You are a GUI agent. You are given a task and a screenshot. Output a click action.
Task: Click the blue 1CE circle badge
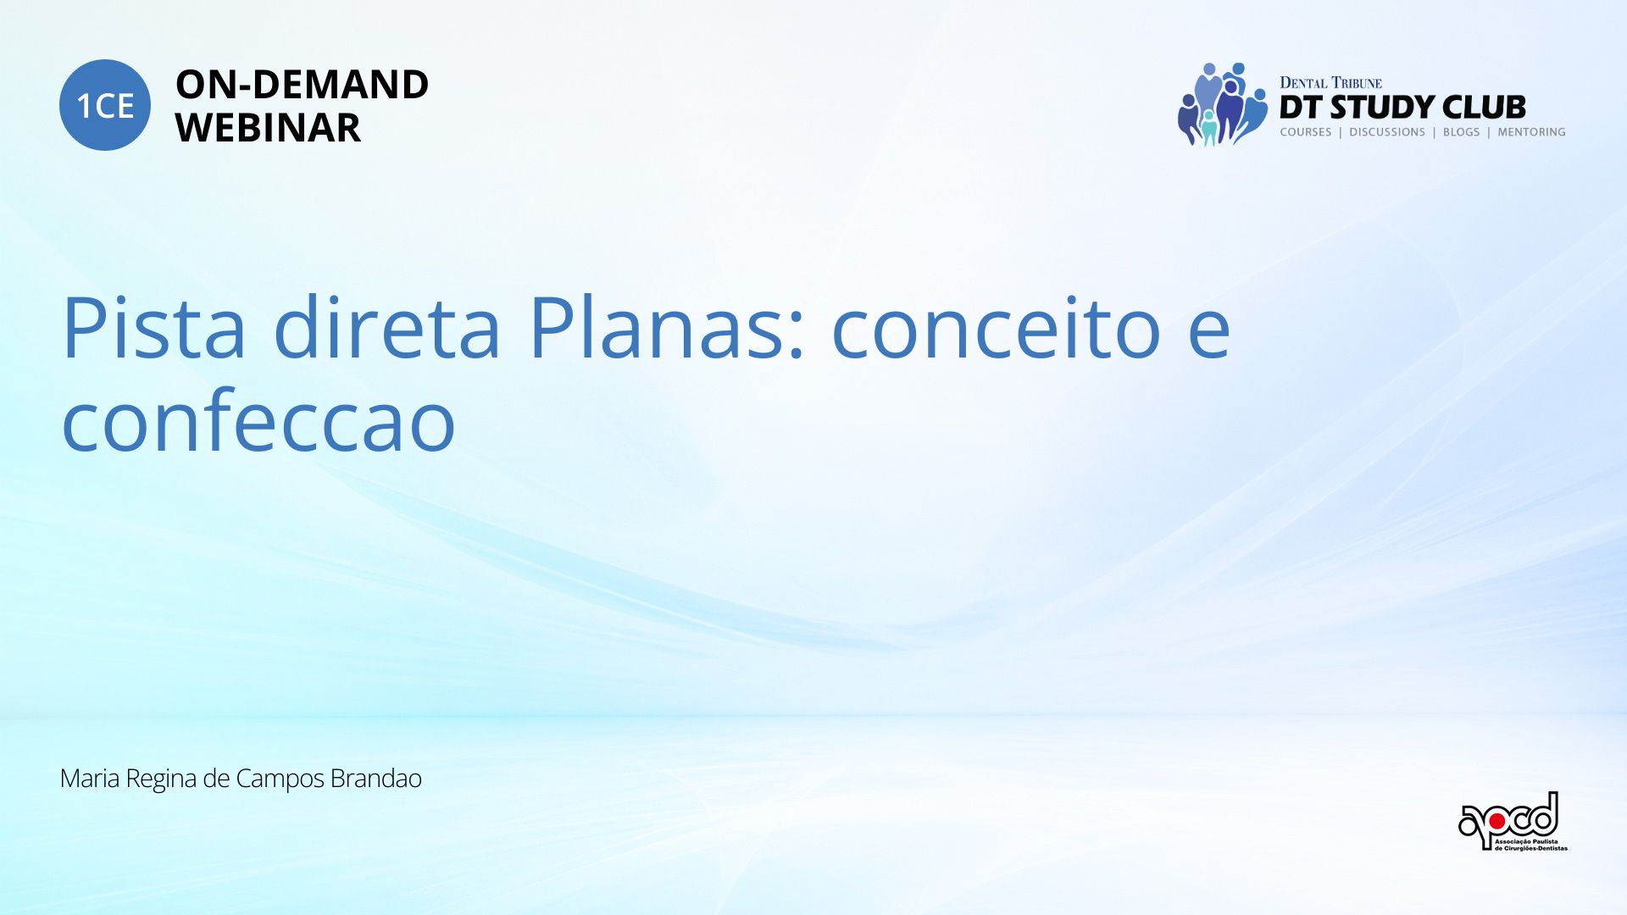click(x=105, y=105)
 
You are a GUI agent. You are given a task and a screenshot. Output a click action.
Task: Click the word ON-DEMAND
click(x=302, y=85)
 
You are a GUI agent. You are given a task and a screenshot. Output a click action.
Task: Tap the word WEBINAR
click(x=268, y=128)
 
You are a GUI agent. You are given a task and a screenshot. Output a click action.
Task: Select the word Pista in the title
click(x=153, y=328)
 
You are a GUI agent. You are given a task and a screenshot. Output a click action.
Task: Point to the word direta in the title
click(x=386, y=326)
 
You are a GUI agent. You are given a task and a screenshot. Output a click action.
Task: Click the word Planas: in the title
click(x=666, y=326)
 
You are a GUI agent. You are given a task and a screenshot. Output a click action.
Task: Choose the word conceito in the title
click(x=996, y=328)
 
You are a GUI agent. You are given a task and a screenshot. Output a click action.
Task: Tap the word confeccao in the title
click(x=258, y=421)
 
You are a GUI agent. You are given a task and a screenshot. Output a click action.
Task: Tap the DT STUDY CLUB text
click(x=1402, y=108)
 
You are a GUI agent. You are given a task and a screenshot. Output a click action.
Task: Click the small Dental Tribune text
click(x=1330, y=83)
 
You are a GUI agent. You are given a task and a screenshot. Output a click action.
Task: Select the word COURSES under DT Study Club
click(x=1306, y=132)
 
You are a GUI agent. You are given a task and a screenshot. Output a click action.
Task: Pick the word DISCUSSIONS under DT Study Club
click(x=1387, y=132)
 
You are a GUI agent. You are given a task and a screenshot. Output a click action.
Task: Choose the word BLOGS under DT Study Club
click(x=1461, y=132)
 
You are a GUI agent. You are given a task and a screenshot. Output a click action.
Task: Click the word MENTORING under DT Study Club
click(x=1531, y=132)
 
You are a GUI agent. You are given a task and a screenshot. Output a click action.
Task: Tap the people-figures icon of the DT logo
click(x=1221, y=103)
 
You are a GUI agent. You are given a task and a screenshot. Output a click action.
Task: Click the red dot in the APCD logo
click(x=1497, y=821)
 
